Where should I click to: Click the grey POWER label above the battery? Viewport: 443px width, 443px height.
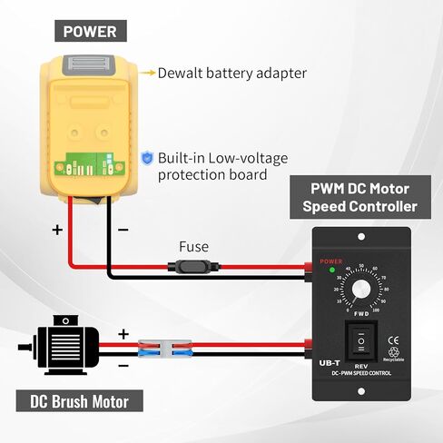[x=89, y=32]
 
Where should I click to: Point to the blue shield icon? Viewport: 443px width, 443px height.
[x=146, y=157]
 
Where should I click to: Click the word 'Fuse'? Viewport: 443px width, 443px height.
[x=193, y=246]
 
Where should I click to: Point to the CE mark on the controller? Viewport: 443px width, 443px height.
[x=392, y=342]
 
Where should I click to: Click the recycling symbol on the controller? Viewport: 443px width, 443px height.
[x=392, y=355]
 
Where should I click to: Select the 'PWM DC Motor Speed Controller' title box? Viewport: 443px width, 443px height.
[x=360, y=199]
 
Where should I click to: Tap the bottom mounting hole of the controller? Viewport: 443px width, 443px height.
[x=362, y=390]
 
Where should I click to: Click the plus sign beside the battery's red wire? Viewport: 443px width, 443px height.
[x=57, y=230]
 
